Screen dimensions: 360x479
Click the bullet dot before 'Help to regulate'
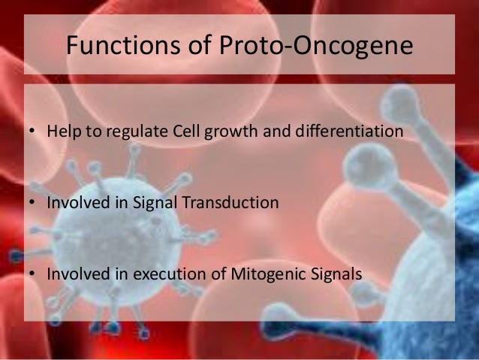coord(32,133)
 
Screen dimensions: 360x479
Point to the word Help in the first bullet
coord(62,132)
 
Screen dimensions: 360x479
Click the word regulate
coord(128,133)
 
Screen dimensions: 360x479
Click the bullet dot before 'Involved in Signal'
coord(32,203)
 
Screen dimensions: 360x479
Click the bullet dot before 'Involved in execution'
coord(32,273)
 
